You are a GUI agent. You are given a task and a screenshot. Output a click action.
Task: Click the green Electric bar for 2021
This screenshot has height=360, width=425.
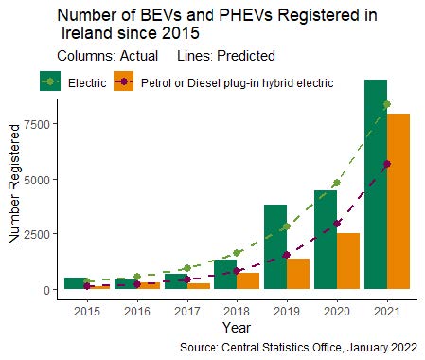376,184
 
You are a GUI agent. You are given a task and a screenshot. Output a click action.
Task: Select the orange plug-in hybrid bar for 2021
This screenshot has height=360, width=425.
398,201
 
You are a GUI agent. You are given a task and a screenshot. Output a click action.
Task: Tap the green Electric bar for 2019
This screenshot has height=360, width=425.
275,246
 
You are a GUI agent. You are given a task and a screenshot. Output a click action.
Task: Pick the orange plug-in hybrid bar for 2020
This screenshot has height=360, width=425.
348,261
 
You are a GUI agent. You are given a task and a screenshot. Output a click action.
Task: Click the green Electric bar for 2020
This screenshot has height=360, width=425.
326,240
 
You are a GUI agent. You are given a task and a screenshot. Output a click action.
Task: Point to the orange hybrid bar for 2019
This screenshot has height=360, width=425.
298,274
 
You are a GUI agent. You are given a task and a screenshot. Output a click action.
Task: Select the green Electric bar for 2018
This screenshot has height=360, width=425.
225,274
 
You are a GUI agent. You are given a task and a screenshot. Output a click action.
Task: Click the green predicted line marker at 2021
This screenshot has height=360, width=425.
387,104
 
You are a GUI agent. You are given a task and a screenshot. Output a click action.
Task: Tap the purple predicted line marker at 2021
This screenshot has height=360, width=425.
387,164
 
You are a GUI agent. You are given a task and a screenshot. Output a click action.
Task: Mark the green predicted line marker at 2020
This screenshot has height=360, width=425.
337,183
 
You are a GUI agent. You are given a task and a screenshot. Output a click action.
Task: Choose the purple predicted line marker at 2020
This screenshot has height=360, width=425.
337,224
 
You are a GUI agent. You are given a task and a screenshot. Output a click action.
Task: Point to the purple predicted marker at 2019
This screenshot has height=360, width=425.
287,255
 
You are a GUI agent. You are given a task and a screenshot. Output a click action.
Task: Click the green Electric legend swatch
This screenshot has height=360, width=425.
50,81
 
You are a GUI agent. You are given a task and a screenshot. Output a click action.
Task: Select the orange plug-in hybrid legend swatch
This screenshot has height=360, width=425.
124,81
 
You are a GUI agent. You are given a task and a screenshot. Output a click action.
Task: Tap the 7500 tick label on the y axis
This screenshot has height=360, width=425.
37,124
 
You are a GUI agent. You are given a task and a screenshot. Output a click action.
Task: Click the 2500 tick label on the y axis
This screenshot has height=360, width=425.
37,234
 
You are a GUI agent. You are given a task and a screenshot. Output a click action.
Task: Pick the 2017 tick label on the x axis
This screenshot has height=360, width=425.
187,312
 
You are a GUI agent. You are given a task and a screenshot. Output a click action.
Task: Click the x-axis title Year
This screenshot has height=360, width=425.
237,327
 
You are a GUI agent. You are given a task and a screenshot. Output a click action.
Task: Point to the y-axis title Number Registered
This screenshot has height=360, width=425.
14,184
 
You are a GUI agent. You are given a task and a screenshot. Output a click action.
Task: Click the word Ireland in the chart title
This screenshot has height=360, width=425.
86,32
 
